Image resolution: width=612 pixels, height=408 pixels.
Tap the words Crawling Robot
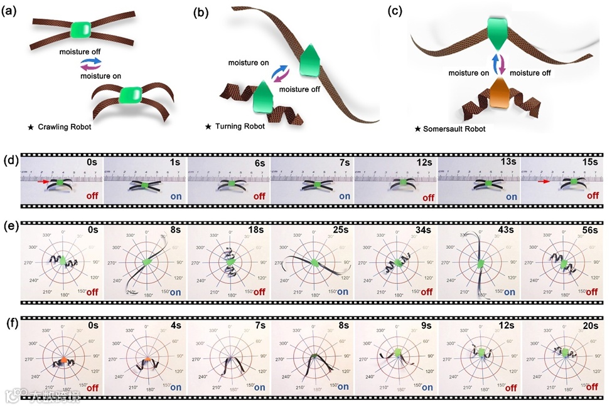62,127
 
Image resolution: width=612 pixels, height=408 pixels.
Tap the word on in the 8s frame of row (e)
175,291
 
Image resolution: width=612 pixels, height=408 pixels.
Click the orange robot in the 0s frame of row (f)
63,360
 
